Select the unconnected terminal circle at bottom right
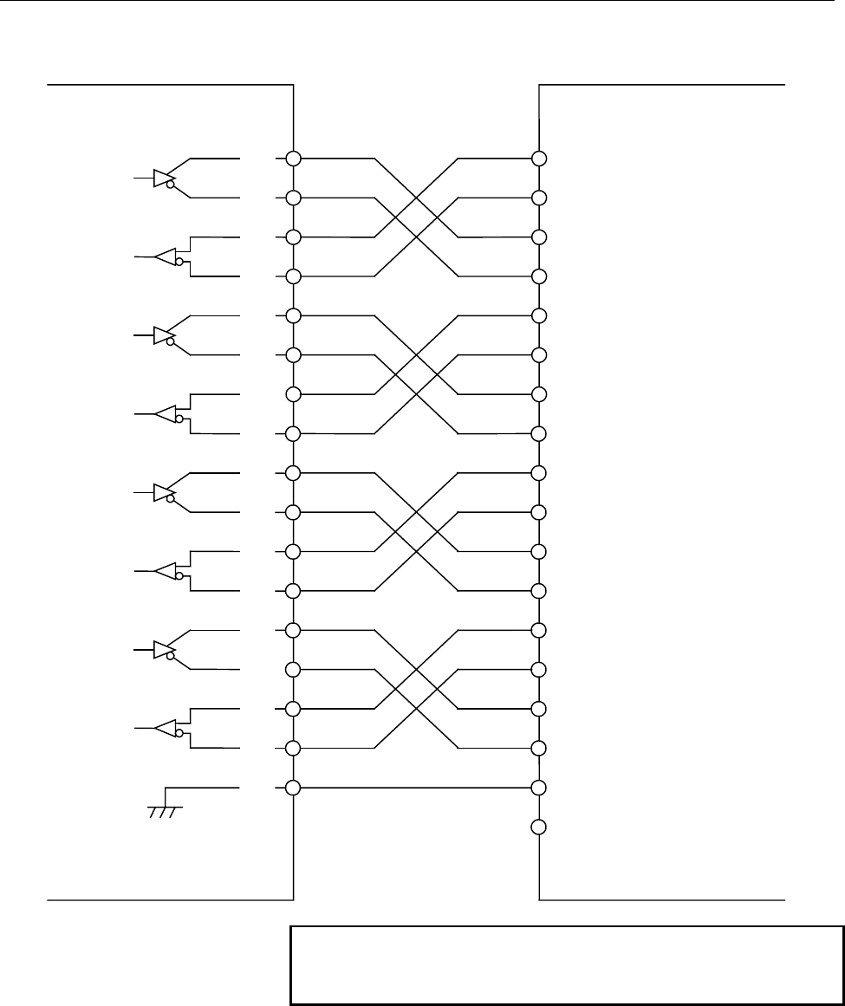tap(539, 828)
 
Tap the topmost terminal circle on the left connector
tap(293, 159)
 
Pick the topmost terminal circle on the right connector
tap(539, 159)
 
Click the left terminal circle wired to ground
tap(293, 788)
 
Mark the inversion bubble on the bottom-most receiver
tap(178, 734)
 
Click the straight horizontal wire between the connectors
tap(416, 788)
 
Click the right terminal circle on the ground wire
tap(539, 788)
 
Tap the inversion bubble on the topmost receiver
tap(178, 262)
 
